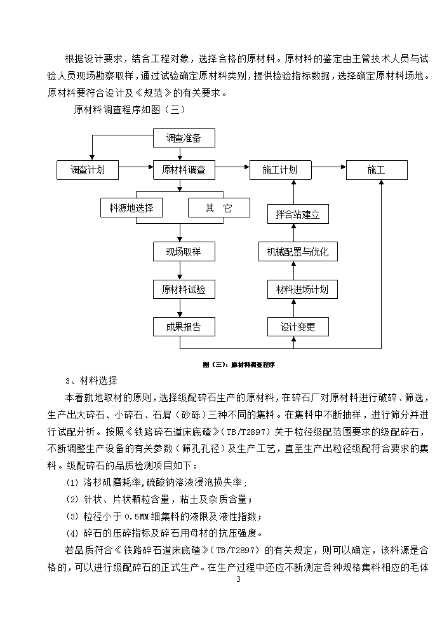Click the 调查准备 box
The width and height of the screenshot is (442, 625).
tap(184, 139)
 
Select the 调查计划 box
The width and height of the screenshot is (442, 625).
tap(88, 170)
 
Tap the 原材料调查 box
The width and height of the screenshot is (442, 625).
tap(184, 170)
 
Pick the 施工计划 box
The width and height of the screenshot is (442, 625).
tap(280, 170)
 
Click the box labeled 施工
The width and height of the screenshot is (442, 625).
tap(377, 170)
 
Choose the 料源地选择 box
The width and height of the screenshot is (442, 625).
tap(131, 208)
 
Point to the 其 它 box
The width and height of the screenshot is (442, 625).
tap(219, 208)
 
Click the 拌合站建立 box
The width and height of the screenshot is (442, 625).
tap(298, 214)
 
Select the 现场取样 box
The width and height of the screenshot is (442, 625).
tap(184, 252)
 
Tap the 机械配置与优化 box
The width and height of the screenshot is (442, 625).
tap(298, 252)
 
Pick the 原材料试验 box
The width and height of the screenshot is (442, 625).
tap(184, 289)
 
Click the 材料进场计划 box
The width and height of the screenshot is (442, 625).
tap(302, 289)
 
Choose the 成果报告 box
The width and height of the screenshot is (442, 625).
tap(184, 327)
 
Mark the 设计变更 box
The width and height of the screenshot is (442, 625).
tap(298, 327)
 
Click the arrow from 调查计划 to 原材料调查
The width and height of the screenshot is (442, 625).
tap(136, 167)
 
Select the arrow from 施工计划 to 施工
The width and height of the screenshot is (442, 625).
tap(329, 167)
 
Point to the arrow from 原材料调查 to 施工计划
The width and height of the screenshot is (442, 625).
tap(232, 167)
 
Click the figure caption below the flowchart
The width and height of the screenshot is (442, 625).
tap(239, 364)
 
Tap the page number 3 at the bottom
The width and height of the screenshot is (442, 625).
tap(239, 579)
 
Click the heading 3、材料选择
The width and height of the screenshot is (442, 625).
tap(91, 381)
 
